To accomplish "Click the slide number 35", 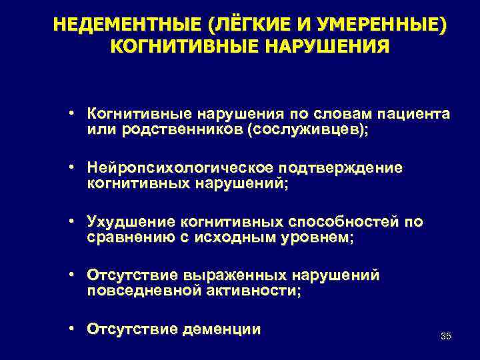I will point(446,336).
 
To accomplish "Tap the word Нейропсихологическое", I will point(183,167).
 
